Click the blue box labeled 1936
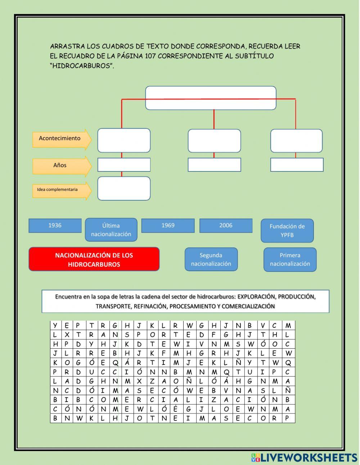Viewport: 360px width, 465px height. click(x=55, y=225)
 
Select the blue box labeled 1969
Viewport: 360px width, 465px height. click(x=168, y=225)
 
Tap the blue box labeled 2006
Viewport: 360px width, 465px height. click(x=226, y=225)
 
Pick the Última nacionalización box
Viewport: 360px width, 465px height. click(x=111, y=230)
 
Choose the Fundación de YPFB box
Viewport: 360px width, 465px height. click(x=287, y=231)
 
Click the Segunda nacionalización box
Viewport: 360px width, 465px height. click(x=211, y=259)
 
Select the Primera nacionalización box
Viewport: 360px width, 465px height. click(x=290, y=259)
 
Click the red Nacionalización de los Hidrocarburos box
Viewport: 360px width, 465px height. click(x=94, y=259)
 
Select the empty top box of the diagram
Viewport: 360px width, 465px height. click(x=211, y=98)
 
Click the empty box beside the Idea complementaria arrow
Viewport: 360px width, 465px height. click(x=124, y=188)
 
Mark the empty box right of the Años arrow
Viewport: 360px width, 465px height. click(x=124, y=165)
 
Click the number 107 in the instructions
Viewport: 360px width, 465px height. click(x=150, y=56)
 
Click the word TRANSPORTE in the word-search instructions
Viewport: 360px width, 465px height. click(x=113, y=307)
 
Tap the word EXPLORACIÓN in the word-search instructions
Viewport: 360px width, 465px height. click(x=256, y=297)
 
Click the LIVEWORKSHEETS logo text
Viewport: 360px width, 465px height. click(x=308, y=458)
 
